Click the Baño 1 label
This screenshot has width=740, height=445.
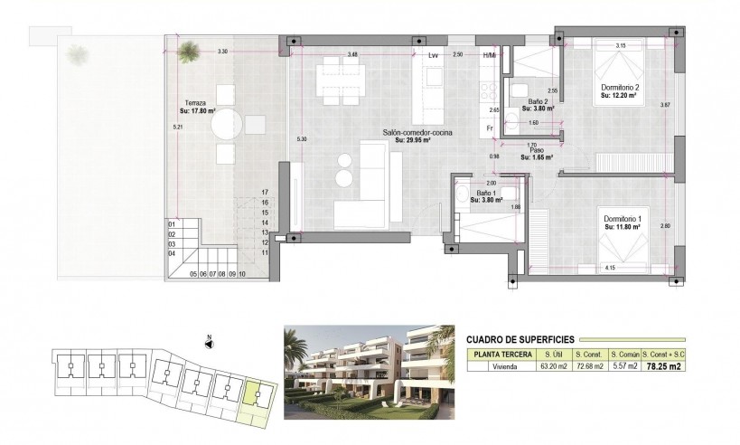[x=487, y=194]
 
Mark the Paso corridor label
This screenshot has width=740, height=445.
[x=538, y=153]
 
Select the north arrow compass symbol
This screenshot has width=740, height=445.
[x=209, y=344]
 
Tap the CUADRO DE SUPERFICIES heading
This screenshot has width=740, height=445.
[x=515, y=337]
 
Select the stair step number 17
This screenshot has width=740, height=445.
[x=266, y=193]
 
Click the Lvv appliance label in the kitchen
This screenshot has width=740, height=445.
[x=433, y=56]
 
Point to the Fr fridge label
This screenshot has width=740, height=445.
[x=489, y=128]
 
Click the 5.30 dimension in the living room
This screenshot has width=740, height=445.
[x=302, y=139]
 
